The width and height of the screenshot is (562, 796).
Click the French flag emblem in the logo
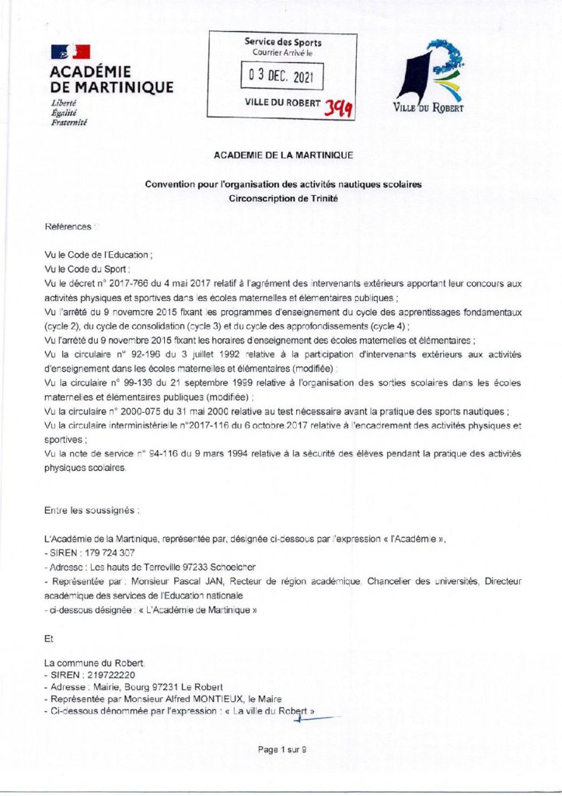[71, 52]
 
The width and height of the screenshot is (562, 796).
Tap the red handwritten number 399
[339, 108]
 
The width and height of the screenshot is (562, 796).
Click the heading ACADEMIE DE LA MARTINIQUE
[283, 155]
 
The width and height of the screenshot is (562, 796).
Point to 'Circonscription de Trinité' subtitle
[283, 198]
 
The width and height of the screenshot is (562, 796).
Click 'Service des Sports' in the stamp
[283, 42]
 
